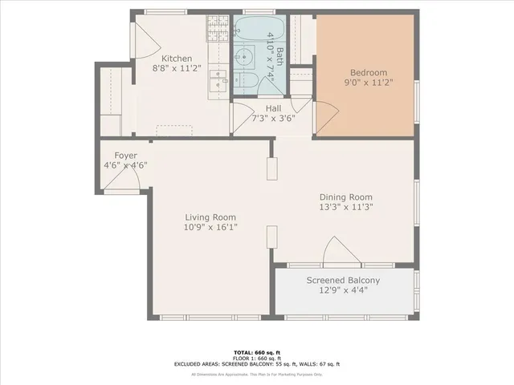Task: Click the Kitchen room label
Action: point(177,59)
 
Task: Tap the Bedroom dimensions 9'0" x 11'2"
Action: point(369,81)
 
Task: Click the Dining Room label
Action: point(346,197)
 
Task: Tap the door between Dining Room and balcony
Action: point(340,252)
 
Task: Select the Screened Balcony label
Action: point(343,280)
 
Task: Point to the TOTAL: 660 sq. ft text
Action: point(257,352)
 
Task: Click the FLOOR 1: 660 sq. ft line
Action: point(257,358)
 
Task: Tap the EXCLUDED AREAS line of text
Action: point(257,364)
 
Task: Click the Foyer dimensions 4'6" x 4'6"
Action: point(125,165)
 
